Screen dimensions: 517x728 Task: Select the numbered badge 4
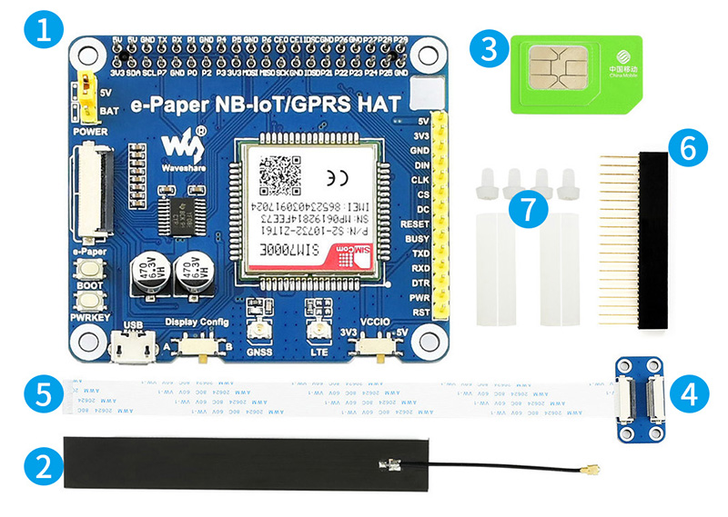point(689,393)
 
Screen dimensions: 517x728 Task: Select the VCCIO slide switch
point(369,345)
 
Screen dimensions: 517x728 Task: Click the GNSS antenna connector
point(260,333)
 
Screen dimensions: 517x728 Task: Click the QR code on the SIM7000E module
point(278,172)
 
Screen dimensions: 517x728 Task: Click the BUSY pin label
point(415,238)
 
